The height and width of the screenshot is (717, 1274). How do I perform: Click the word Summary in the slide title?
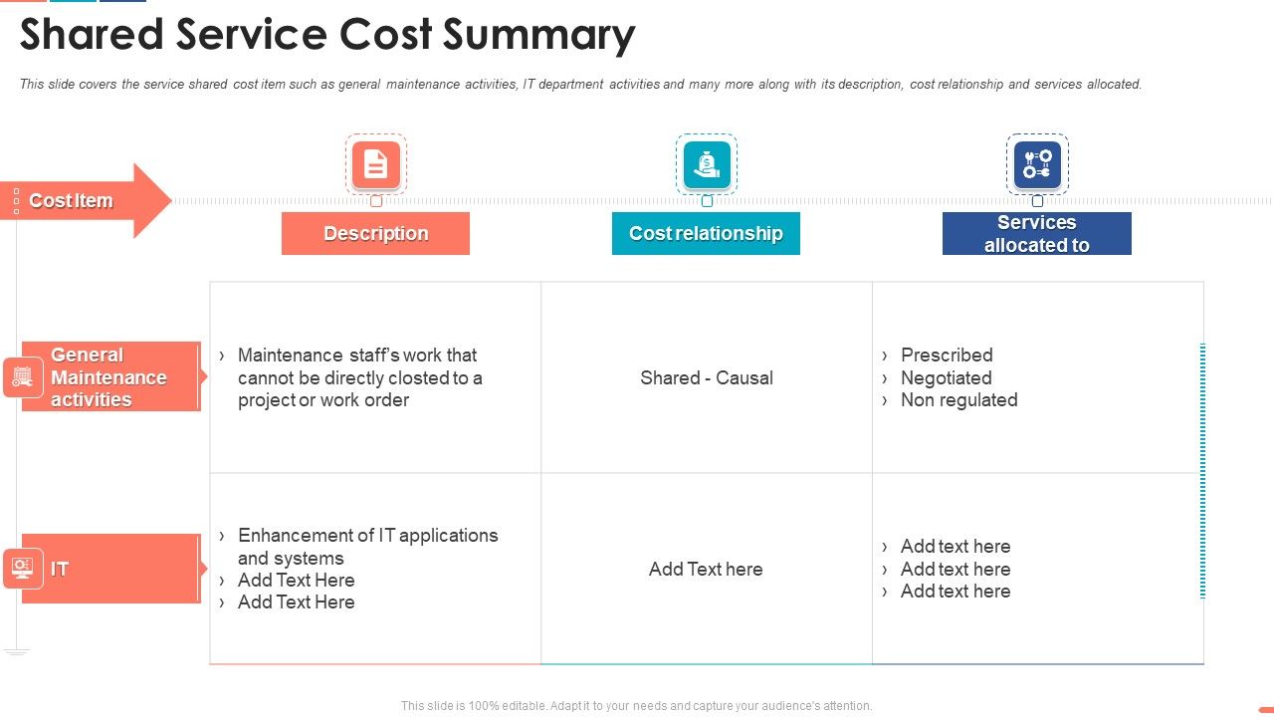pos(538,36)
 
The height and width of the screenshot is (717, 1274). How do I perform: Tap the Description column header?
pos(375,233)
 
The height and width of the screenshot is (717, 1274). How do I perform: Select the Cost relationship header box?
pos(706,233)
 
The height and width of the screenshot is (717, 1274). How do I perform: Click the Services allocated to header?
pos(1036,234)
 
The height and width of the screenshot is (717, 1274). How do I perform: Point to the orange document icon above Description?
pos(375,164)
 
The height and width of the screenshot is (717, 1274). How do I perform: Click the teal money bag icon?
pos(707,164)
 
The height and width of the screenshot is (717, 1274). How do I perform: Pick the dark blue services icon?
pos(1037,164)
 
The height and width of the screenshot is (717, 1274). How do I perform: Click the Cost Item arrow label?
pos(71,201)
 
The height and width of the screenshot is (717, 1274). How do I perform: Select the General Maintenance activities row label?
pos(109,377)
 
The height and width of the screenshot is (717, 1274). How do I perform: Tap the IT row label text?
pos(60,570)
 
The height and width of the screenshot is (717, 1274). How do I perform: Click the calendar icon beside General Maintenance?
pos(23,377)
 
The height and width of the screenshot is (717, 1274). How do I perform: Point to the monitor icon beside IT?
pos(23,569)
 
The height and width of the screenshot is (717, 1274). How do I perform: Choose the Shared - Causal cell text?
pos(707,378)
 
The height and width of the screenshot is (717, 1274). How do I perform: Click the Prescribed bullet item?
pos(947,356)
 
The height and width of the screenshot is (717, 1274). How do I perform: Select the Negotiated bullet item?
pos(946,378)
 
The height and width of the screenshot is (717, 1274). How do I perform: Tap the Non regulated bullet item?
pos(958,400)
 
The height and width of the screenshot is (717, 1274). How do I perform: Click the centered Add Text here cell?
pos(706,570)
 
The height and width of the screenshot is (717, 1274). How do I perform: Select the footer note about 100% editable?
pos(636,706)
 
